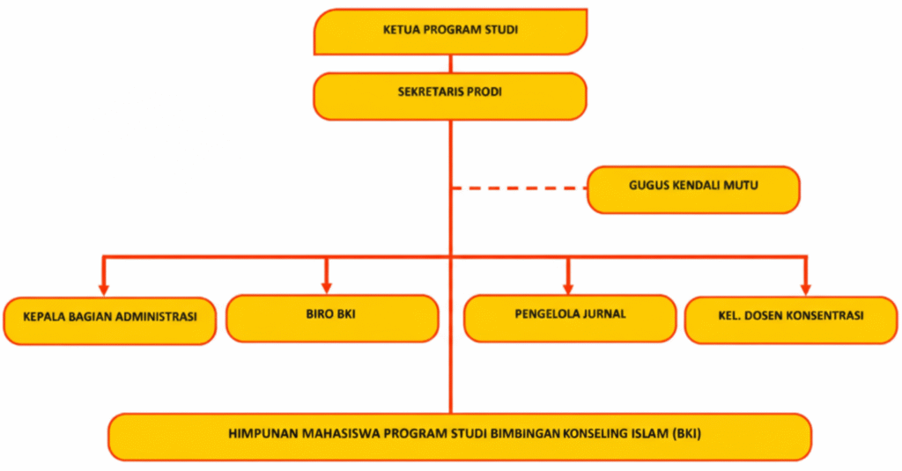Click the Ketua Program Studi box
(x=450, y=31)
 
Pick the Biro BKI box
(x=332, y=318)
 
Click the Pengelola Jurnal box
(x=570, y=318)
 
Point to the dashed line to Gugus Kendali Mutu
(x=520, y=188)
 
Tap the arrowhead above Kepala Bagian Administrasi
(x=104, y=287)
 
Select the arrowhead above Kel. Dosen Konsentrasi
(x=805, y=287)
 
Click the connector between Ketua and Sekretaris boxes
(x=450, y=63)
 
